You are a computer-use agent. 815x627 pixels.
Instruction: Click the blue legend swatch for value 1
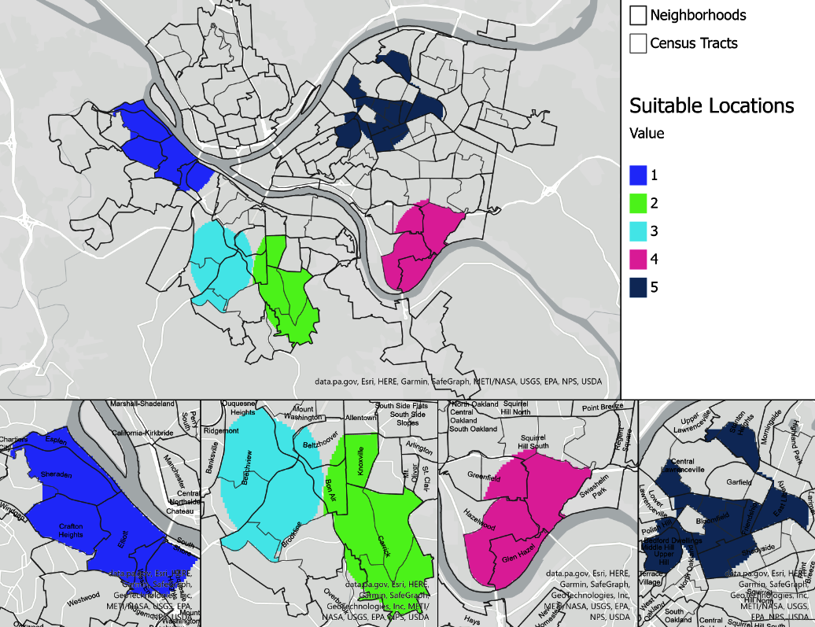(x=639, y=173)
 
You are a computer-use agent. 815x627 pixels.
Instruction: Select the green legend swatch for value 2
(x=639, y=202)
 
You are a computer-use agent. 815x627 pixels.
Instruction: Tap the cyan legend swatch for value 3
(x=639, y=231)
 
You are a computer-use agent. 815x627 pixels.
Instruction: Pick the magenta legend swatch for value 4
(x=639, y=260)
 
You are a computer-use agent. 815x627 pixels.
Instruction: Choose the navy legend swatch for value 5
(x=639, y=288)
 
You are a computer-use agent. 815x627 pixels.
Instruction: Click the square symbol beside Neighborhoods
(x=638, y=15)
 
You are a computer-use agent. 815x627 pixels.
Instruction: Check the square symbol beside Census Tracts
(x=638, y=43)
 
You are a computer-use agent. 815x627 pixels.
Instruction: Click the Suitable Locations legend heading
(x=711, y=105)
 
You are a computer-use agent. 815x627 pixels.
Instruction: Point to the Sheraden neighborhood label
(x=57, y=475)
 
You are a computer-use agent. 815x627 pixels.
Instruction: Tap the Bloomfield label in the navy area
(x=714, y=522)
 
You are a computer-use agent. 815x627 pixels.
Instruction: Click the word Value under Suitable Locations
(x=647, y=134)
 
